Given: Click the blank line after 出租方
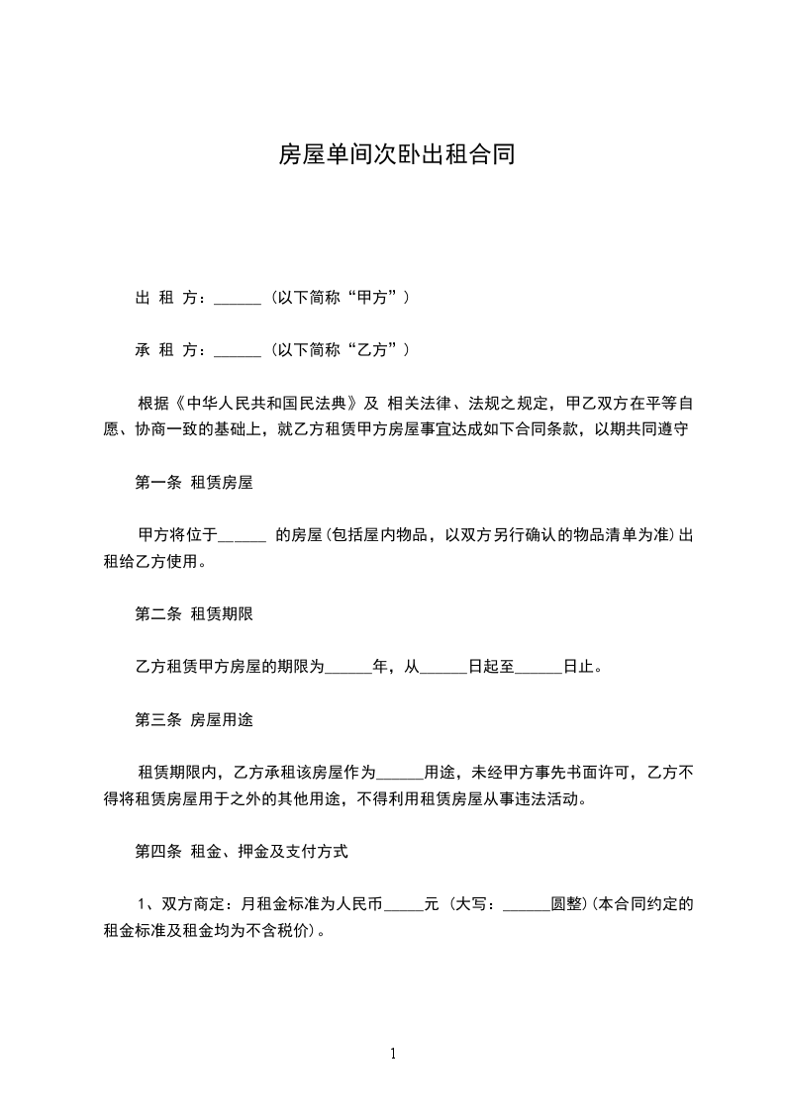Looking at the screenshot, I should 237,297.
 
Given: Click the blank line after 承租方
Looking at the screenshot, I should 237,349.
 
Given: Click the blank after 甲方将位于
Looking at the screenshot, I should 242,536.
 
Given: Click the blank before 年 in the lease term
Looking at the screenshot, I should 347,668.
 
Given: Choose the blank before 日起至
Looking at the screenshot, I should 442,668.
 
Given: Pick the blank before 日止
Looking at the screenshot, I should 540,668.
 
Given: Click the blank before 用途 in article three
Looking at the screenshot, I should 401,774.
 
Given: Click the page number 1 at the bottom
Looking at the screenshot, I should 393,1054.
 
